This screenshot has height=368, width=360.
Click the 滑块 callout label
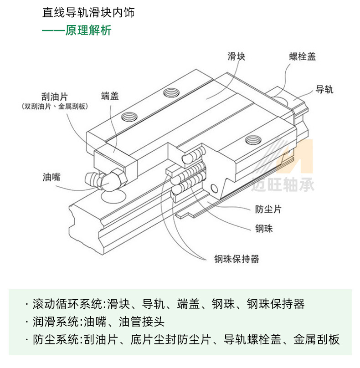(x=237, y=56)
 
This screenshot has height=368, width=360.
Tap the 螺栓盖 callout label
(x=302, y=56)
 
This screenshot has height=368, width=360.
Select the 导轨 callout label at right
(x=324, y=89)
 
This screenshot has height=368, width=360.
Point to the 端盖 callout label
(x=110, y=96)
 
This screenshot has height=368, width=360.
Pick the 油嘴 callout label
(x=52, y=177)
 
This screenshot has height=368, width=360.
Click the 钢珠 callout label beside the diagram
(x=263, y=229)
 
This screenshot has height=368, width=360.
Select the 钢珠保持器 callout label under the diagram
(x=237, y=259)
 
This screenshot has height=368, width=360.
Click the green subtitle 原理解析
(x=88, y=31)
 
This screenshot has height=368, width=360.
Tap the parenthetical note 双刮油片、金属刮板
(x=54, y=107)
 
